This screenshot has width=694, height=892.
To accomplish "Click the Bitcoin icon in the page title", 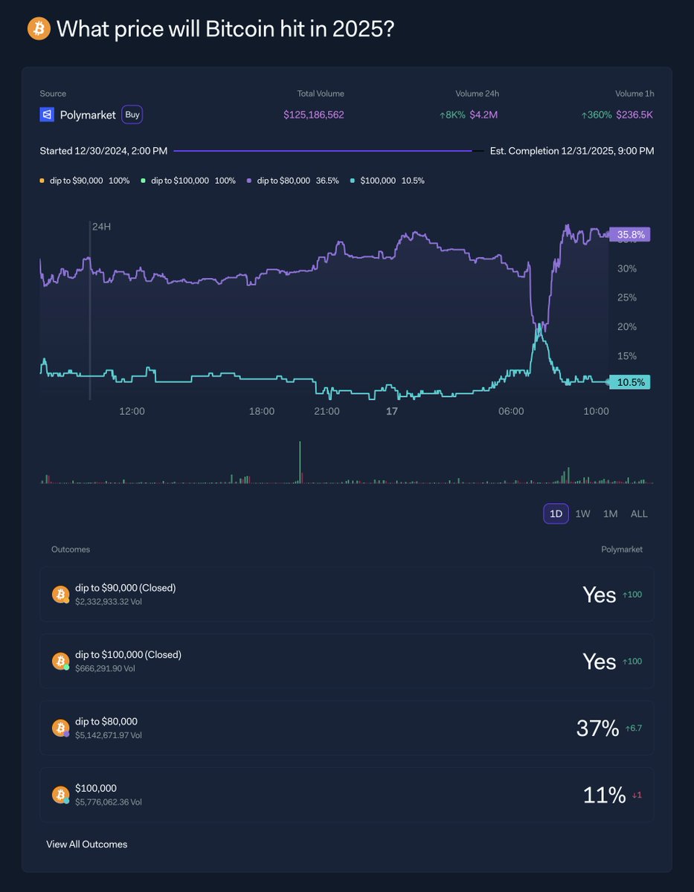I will click(39, 29).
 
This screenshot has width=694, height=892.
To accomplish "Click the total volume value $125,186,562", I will click(313, 115).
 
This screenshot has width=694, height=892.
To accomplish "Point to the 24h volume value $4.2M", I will click(483, 115).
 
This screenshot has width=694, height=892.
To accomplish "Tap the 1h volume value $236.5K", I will click(634, 115).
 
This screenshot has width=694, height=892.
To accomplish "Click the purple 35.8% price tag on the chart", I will click(629, 234).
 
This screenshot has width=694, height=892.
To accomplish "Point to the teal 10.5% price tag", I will click(629, 382).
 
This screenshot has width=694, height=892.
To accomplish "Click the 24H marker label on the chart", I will click(101, 226).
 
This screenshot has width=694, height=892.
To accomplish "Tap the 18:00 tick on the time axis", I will click(261, 411).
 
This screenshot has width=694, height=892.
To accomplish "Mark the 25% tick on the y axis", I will click(627, 297).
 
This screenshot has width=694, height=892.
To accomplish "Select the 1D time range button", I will click(556, 514).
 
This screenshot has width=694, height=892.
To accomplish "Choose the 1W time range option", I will click(582, 514).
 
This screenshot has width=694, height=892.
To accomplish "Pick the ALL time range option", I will click(639, 514).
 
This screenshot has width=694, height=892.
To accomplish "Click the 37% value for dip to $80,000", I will click(597, 728).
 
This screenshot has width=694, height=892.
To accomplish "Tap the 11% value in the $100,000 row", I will click(604, 795).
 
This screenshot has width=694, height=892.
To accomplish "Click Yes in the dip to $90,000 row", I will click(599, 595).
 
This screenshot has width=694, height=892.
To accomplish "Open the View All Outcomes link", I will click(86, 844).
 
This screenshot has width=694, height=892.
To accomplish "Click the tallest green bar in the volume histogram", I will click(301, 462).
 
